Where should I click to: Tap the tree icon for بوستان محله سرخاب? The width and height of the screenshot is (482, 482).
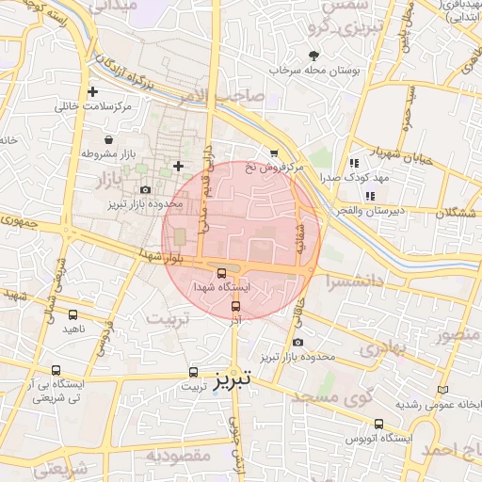point(313,56)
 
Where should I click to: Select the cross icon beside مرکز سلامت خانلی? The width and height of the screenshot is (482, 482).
point(92,92)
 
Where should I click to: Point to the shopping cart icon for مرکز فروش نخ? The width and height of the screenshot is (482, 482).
point(274,153)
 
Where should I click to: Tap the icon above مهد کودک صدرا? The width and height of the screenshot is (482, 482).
point(353,163)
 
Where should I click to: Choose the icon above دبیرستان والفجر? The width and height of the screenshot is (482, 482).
point(370,196)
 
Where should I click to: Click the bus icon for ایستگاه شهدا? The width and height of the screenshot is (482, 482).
point(221,273)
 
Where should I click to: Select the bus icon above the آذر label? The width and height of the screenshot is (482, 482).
point(235,305)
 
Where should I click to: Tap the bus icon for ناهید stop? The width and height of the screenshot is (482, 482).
point(73,314)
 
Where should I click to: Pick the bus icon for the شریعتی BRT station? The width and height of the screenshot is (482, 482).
point(56,371)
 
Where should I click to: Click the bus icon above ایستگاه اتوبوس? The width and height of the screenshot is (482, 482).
point(378,425)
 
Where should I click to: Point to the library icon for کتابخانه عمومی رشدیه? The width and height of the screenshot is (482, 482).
point(443,390)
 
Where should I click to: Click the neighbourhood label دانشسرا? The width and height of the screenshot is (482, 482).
point(349,280)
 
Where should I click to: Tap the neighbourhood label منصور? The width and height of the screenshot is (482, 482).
point(460,332)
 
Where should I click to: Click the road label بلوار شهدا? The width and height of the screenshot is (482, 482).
point(161,256)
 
